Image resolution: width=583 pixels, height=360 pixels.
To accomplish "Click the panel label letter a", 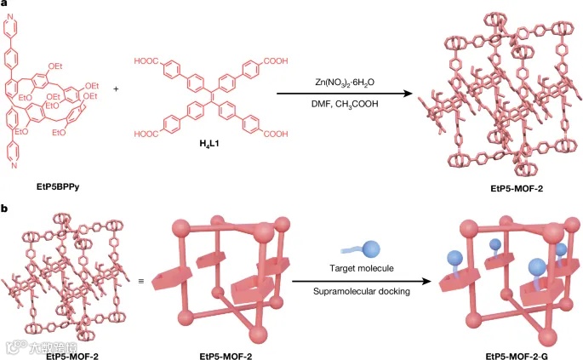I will coord(4,6).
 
